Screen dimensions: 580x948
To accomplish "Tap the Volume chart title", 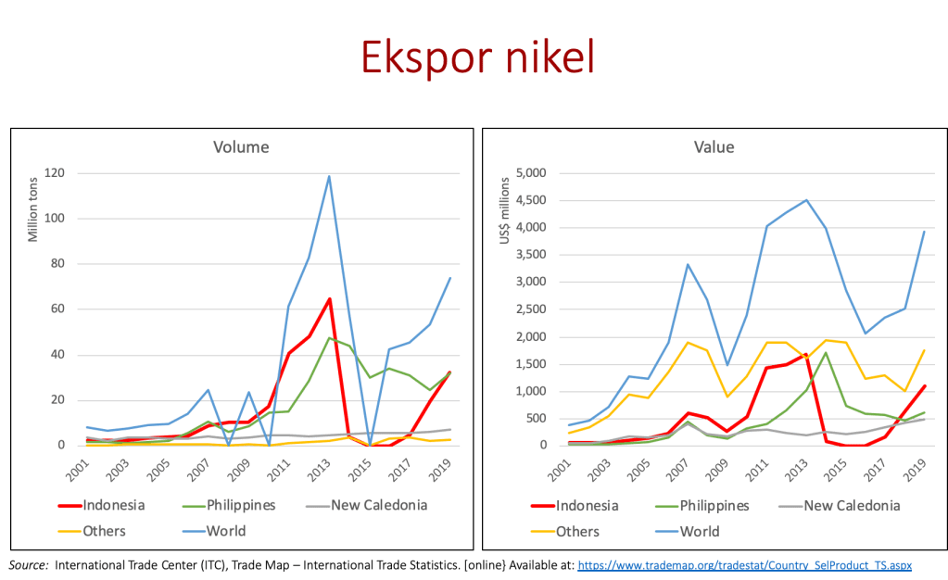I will click(x=242, y=146).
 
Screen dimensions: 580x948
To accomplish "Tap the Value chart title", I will click(x=713, y=146).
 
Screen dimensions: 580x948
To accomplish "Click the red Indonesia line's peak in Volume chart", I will click(x=329, y=298).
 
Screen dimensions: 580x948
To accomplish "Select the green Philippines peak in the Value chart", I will click(x=825, y=352).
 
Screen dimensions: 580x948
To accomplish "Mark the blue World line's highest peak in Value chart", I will click(x=806, y=199).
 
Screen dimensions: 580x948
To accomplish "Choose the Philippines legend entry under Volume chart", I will click(x=236, y=506).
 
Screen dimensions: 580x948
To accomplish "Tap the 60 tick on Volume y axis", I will click(x=59, y=309).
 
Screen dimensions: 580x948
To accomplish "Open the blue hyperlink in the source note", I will click(x=745, y=564).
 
